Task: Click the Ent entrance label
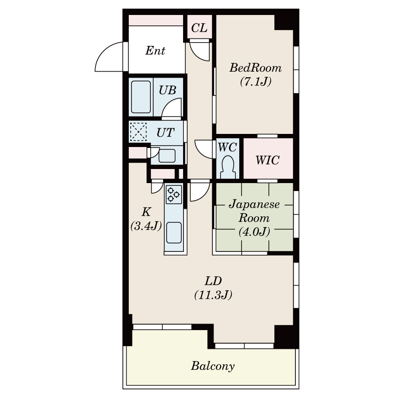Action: pos(155,51)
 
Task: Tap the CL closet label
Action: pos(199,28)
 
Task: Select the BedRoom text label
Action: pos(256,68)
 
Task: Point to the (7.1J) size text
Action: pos(256,81)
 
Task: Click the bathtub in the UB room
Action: pos(141,97)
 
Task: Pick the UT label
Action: pos(165,133)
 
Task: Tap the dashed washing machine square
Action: pos(138,132)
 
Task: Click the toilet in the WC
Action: pos(228,167)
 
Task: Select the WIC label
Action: pos(267,160)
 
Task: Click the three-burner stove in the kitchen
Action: pos(174,194)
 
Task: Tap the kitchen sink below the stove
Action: pos(174,233)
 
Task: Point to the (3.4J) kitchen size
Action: pos(146,225)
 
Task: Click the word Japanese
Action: pos(254,204)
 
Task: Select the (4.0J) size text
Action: pos(254,231)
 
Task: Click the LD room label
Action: pos(213,281)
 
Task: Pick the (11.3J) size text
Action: pos(213,295)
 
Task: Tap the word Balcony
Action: pos(213,366)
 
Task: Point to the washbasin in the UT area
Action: pos(167,155)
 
